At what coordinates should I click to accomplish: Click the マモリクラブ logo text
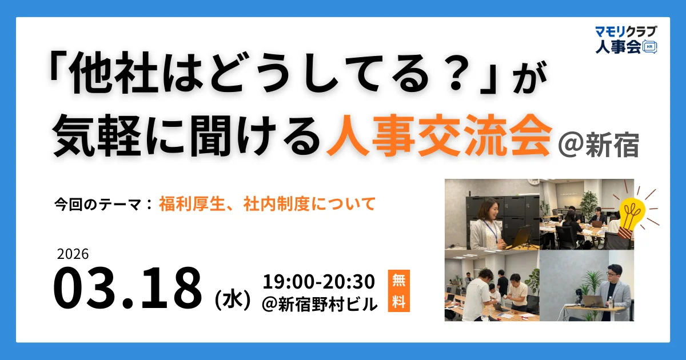tap(626, 31)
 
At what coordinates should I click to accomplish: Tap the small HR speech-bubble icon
tap(649, 47)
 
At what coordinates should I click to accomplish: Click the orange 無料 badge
tap(399, 290)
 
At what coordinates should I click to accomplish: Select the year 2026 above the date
tap(73, 254)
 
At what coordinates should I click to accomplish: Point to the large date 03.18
tap(127, 288)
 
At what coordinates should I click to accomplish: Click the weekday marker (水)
tap(233, 301)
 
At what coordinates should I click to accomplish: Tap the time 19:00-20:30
tap(319, 282)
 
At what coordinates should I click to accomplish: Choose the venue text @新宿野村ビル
tap(320, 304)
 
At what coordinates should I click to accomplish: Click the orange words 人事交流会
tap(438, 135)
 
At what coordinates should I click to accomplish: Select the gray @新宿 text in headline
tap(598, 145)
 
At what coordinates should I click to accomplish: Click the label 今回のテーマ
tap(98, 205)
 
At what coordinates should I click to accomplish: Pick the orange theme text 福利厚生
tap(192, 204)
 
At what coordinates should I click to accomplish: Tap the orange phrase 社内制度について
tap(309, 204)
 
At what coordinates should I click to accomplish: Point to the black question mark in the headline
tap(456, 75)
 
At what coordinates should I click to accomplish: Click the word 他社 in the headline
tap(113, 74)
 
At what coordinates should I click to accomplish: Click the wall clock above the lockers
tap(533, 182)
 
